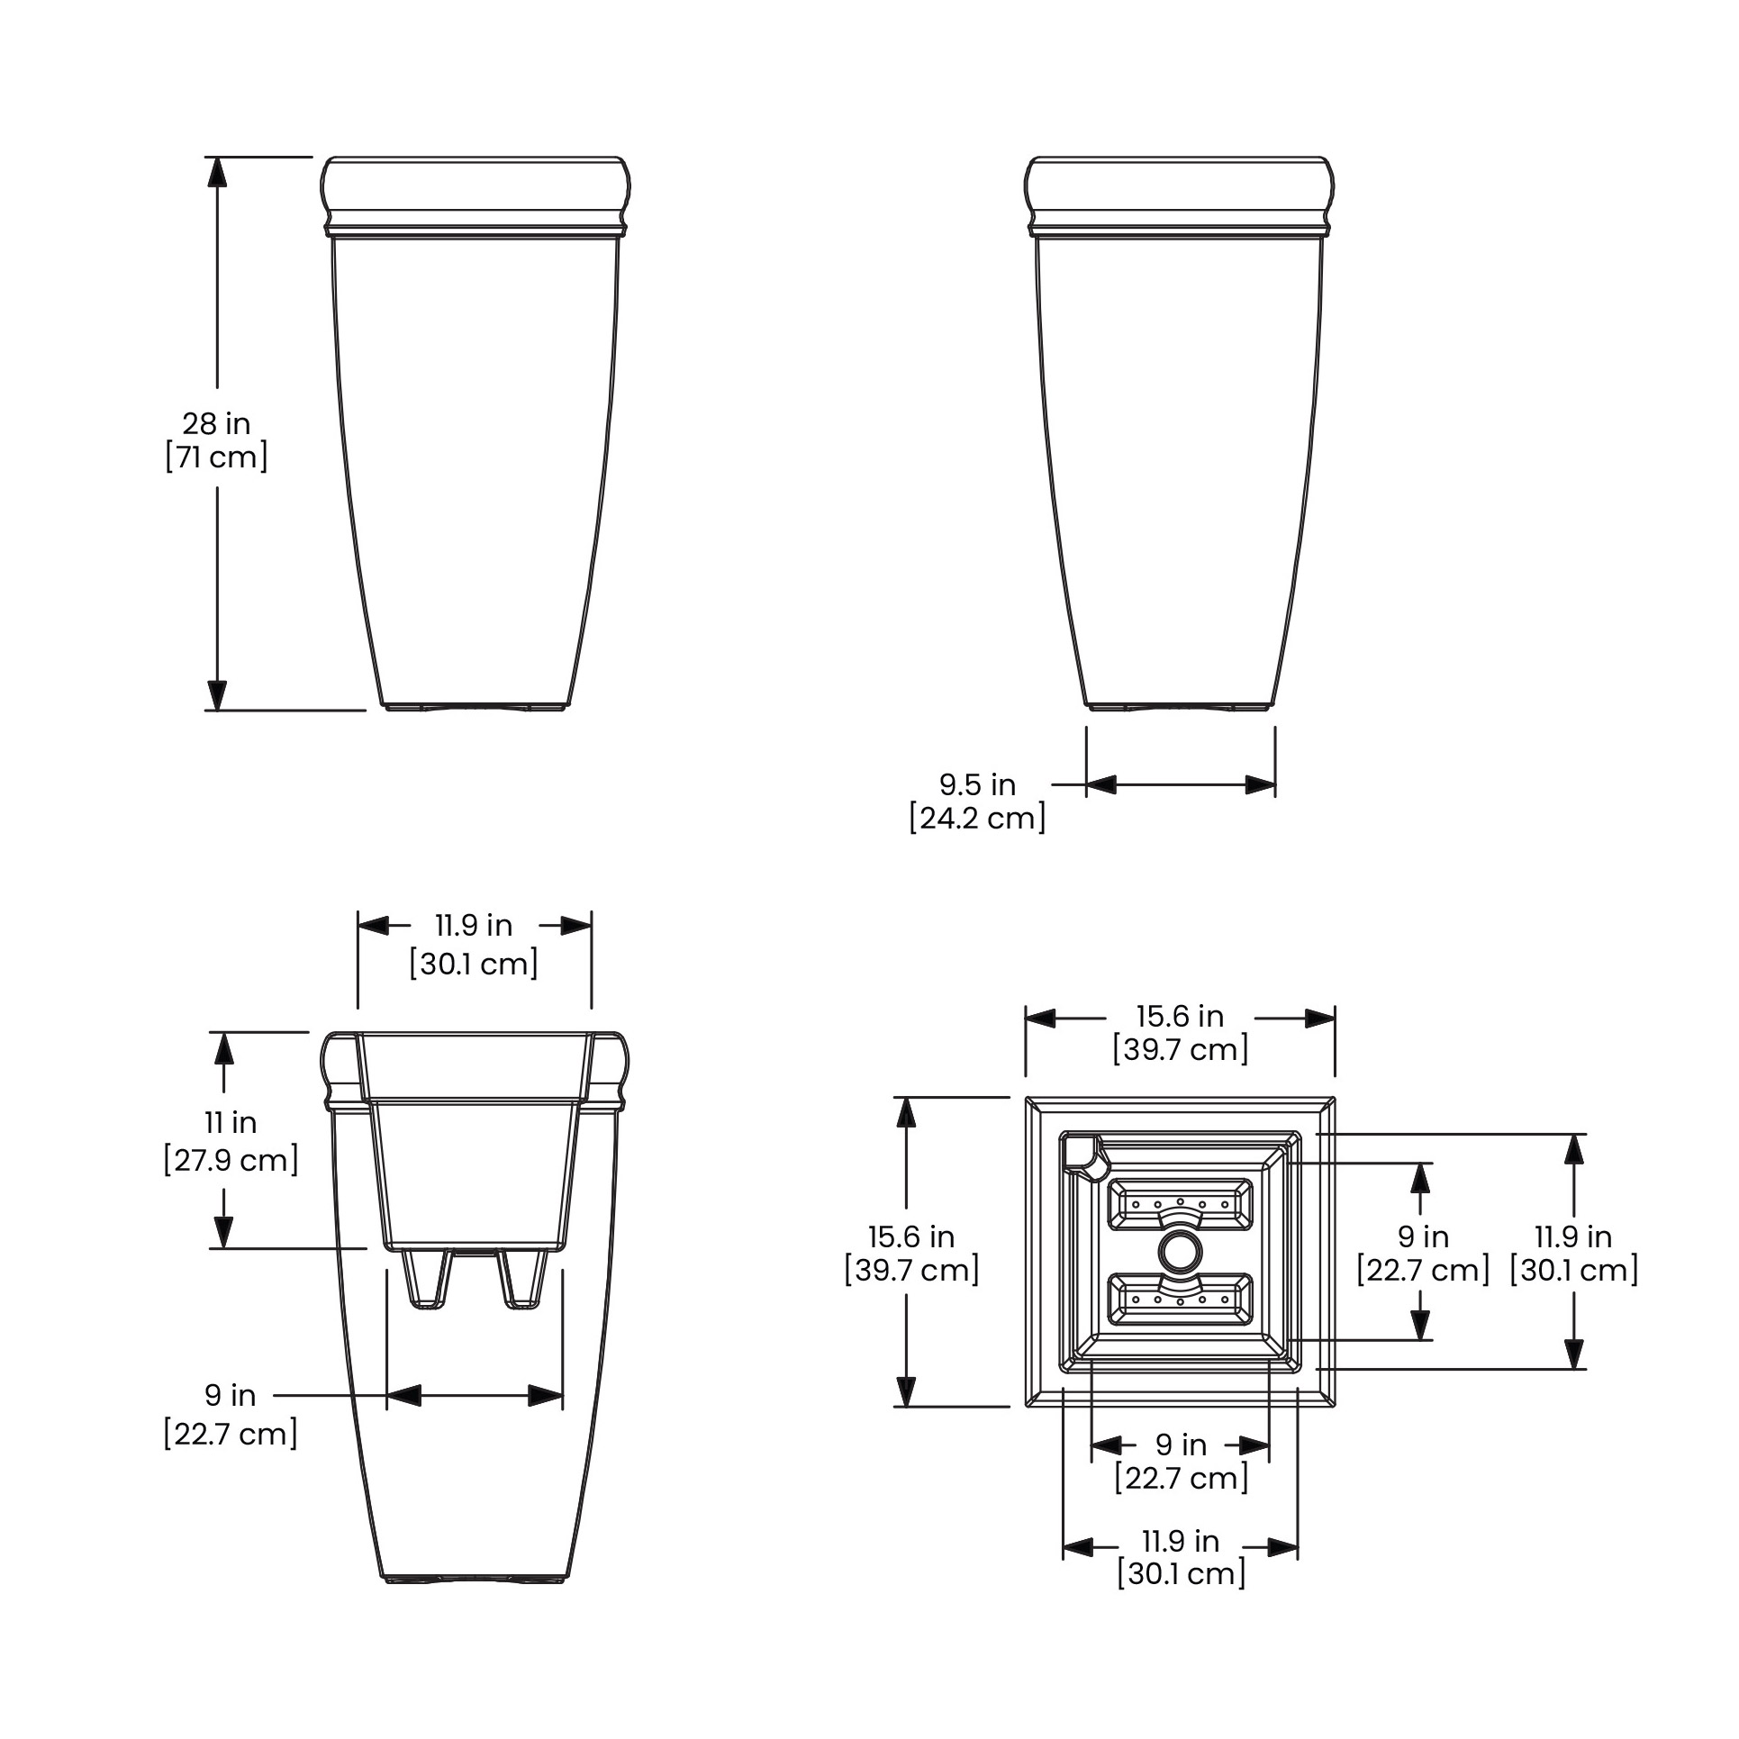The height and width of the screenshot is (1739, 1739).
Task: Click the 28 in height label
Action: (x=216, y=423)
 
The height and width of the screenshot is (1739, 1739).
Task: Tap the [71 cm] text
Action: (x=216, y=457)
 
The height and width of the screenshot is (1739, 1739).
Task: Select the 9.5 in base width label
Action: (x=977, y=784)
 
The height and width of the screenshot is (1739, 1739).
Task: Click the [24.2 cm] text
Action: (x=977, y=819)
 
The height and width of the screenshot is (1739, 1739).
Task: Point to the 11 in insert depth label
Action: (x=231, y=1123)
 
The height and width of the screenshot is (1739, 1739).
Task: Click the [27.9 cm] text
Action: (x=231, y=1160)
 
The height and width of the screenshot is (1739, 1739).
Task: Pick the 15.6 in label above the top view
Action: (x=1180, y=1017)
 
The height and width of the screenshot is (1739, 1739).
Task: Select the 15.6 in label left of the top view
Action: (x=911, y=1236)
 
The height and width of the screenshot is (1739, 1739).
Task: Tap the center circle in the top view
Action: (x=1180, y=1252)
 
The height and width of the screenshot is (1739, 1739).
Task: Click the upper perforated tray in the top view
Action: (x=1180, y=1205)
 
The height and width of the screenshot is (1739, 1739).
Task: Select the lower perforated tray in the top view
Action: (x=1180, y=1300)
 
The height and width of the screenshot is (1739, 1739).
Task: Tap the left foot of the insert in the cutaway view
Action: (x=427, y=1279)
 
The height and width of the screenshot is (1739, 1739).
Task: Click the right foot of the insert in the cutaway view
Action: (x=524, y=1279)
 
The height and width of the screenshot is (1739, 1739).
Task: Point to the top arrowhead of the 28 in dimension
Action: (x=217, y=171)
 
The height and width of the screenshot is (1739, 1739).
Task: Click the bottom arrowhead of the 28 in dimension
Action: (x=217, y=695)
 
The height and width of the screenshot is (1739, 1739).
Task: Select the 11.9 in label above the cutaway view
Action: (x=474, y=926)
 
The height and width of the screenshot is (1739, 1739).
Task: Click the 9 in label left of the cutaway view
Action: (x=231, y=1395)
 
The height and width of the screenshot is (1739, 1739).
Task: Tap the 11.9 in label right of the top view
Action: (x=1573, y=1236)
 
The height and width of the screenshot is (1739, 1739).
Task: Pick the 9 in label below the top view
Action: (x=1181, y=1445)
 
